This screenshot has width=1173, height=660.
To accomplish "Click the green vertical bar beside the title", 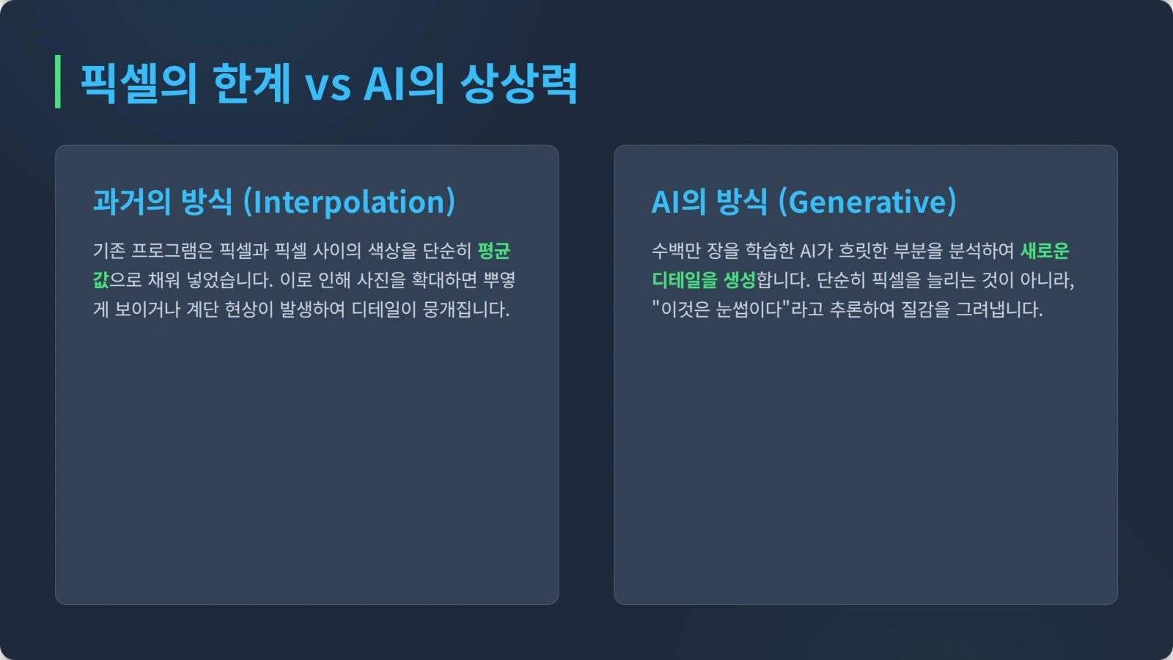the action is (58, 81).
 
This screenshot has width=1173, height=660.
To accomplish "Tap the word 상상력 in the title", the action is (518, 84).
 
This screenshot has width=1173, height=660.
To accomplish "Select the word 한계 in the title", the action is (251, 84).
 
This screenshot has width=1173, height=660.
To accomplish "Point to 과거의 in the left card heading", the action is (132, 202).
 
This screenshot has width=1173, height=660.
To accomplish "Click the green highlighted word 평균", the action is (494, 251).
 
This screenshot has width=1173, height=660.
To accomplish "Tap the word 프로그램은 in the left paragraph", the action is (172, 251).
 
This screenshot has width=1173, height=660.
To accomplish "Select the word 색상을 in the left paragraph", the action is (392, 251).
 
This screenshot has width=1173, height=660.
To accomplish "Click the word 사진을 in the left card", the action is (381, 280).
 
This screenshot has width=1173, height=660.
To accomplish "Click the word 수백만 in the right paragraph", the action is (676, 251).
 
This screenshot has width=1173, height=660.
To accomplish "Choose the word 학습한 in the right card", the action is (769, 251).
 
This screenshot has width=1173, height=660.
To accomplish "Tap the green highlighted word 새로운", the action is (1045, 251).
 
